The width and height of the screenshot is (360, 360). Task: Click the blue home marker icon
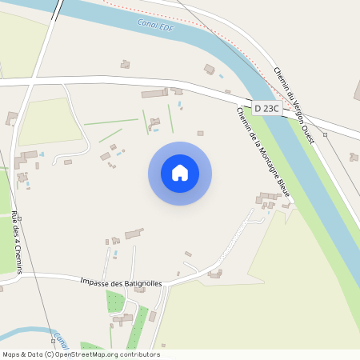(x=180, y=173)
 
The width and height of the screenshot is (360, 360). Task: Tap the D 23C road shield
(x=267, y=108)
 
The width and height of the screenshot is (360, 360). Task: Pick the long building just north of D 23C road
(x=154, y=94)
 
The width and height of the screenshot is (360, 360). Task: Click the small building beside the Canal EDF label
(x=125, y=64)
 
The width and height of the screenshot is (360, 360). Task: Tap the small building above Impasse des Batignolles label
(x=134, y=234)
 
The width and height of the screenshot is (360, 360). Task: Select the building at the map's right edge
(x=354, y=157)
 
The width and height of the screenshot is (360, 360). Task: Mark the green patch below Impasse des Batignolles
(x=116, y=302)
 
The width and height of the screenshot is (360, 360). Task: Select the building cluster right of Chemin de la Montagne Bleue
(x=269, y=199)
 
